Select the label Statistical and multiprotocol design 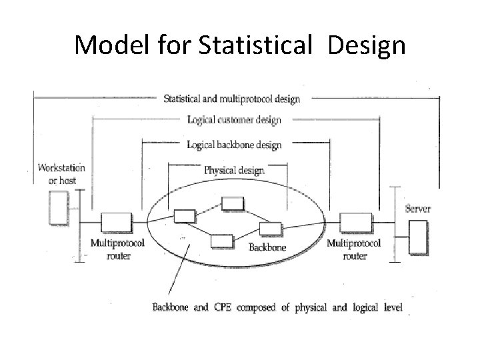[x=232, y=99]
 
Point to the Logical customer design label [x=234, y=121]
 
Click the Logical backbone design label [x=234, y=145]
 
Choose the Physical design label [x=233, y=170]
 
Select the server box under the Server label [x=419, y=238]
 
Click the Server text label [x=418, y=209]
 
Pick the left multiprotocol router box [x=111, y=221]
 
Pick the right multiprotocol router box [x=351, y=221]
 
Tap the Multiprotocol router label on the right [x=353, y=249]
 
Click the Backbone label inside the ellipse [x=267, y=247]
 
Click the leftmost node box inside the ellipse [x=185, y=215]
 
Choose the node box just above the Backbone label [x=271, y=229]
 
